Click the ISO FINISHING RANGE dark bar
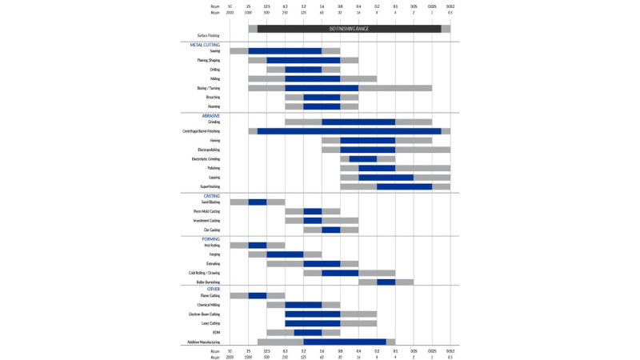[x=349, y=29]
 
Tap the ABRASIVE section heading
[x=210, y=116]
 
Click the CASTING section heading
[x=211, y=196]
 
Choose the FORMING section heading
[x=210, y=239]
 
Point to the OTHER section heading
[x=213, y=289]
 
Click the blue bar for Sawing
[x=285, y=51]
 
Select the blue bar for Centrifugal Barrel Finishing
[x=349, y=131]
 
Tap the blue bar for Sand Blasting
[x=257, y=202]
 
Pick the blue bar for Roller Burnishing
[x=386, y=282]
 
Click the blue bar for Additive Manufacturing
[x=344, y=342]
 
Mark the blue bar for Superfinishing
[x=404, y=186]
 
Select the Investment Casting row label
[x=206, y=221]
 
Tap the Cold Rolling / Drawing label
[x=204, y=273]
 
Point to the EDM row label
[x=216, y=333]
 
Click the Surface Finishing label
[x=208, y=35]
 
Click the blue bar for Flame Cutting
[x=257, y=296]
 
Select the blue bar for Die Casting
[x=330, y=230]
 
